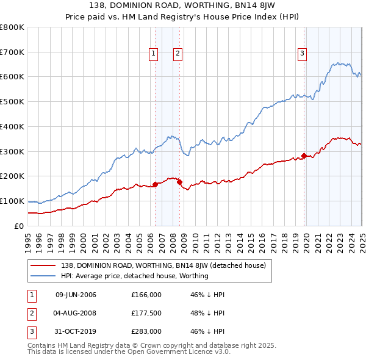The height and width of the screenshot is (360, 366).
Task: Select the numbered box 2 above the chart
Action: coord(177,54)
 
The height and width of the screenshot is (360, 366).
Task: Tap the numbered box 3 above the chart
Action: coord(302,54)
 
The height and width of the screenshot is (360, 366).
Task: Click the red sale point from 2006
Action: coord(155,184)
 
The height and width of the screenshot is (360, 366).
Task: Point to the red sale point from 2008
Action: coord(179,182)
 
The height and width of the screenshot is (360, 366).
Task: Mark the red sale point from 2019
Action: coord(304,155)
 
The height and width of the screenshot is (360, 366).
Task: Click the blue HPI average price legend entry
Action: coord(134,276)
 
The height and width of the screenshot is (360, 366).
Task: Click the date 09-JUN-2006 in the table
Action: coord(76,295)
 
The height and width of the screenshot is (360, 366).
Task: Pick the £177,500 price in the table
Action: coord(146,313)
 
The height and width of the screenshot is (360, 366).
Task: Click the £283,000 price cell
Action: coord(146,331)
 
